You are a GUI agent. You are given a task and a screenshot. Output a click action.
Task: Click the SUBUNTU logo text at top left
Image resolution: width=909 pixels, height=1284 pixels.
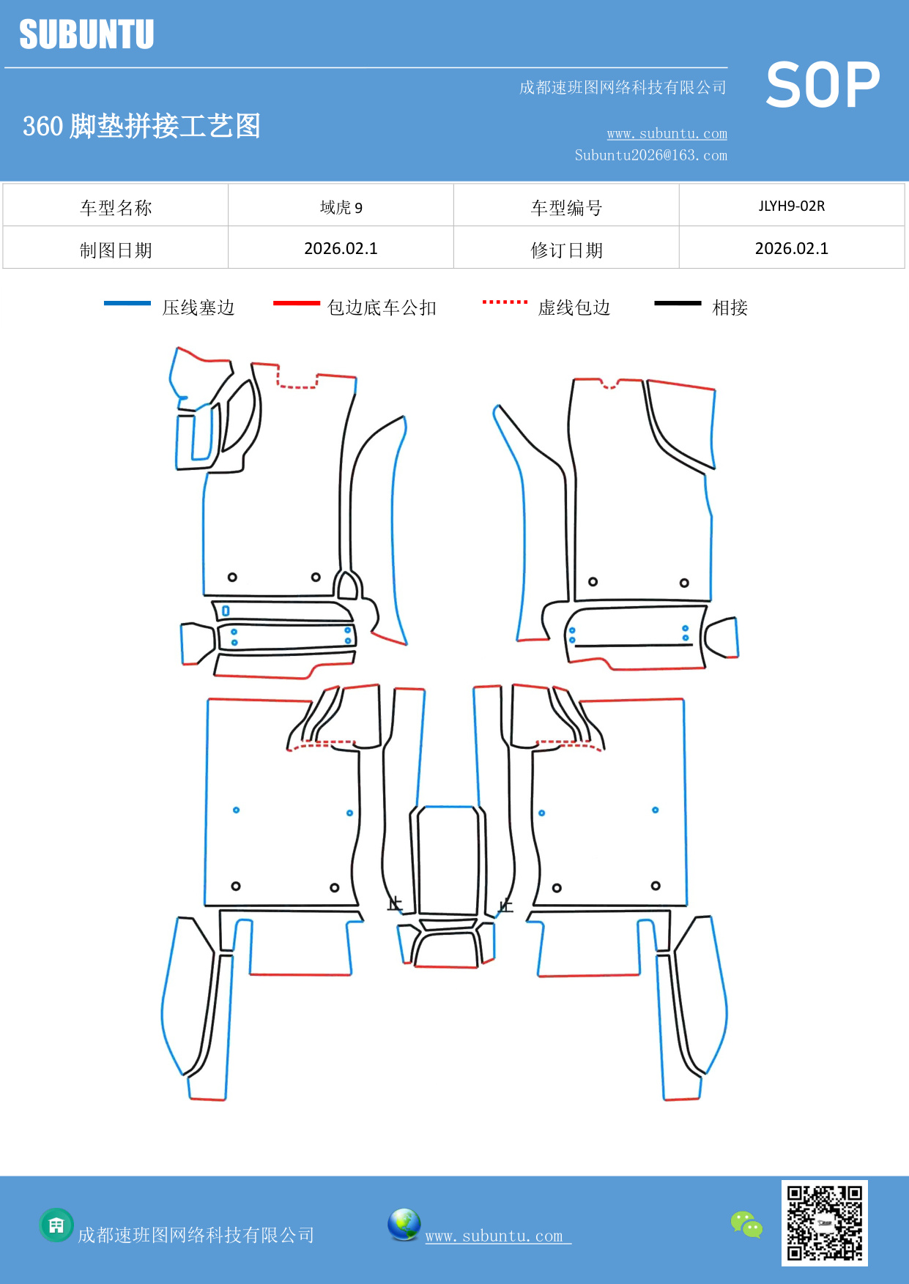coord(86,34)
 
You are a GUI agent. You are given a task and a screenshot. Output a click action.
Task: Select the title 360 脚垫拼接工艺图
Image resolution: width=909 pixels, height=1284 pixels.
coord(141,126)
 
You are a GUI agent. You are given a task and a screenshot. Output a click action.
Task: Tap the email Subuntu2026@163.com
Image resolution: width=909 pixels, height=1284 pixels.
coord(650,155)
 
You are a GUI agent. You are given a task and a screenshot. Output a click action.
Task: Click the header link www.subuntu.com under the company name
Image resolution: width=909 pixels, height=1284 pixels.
coord(667,133)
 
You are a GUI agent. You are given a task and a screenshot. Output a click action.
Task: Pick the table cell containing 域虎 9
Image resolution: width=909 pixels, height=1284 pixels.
coord(341,207)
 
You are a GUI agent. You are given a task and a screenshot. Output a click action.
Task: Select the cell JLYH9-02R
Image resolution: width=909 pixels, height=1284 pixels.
coord(791,206)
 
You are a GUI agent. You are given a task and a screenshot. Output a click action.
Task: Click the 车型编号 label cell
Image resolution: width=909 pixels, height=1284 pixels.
coord(566,208)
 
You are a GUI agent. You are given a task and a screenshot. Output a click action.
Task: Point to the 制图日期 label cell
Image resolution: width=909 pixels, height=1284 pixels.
coord(116,250)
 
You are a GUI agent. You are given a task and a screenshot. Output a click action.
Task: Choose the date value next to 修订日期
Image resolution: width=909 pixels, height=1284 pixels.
coord(791,248)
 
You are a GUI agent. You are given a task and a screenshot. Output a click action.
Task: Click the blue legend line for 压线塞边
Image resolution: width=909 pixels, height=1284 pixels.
coord(127,303)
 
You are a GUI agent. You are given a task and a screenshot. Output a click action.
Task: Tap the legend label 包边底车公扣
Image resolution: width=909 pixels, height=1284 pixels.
coord(382,307)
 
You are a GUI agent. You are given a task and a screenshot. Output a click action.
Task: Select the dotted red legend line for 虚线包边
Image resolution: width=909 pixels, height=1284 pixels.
coord(505,302)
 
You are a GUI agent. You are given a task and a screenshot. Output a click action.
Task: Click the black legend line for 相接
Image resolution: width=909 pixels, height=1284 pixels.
coord(678,303)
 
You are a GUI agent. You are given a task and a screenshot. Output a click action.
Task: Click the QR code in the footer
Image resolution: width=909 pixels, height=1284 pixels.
coord(824,1223)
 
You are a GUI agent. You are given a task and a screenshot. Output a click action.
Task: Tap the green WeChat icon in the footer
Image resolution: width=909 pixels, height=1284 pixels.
coord(746,1224)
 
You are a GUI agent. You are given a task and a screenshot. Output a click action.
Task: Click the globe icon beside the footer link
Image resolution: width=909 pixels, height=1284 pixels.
coord(404,1224)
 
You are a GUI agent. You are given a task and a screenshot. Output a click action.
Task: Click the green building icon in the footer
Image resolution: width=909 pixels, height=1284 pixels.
coord(56,1225)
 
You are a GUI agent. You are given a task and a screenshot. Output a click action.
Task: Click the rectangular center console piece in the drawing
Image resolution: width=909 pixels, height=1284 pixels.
coord(448,860)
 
